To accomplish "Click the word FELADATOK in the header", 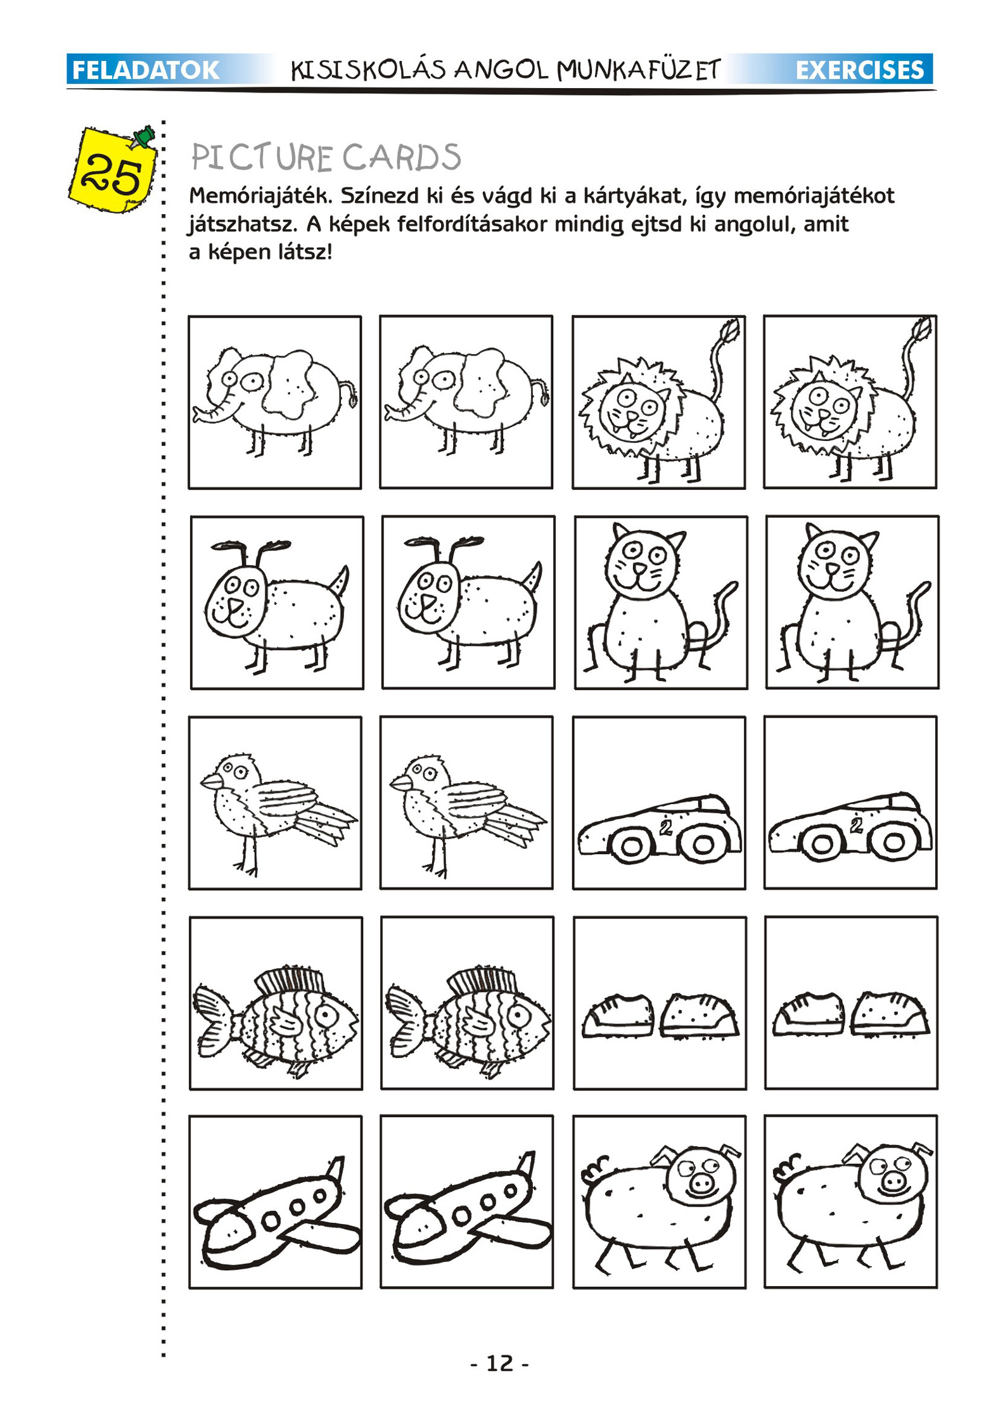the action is click(146, 70).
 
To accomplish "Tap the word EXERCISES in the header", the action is click(860, 70).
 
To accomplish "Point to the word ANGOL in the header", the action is click(501, 69).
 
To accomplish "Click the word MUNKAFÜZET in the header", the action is click(639, 69).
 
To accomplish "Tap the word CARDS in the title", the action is click(402, 157).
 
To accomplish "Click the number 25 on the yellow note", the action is click(111, 175).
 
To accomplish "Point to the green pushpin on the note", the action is click(144, 137).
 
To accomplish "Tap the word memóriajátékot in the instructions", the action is click(814, 196).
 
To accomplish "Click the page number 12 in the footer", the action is click(499, 1363).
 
